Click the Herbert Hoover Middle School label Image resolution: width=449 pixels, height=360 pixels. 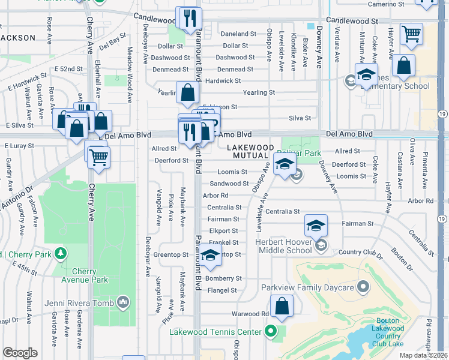point(284,246)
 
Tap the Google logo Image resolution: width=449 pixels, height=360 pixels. point(20,353)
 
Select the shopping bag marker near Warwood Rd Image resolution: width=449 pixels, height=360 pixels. point(282,307)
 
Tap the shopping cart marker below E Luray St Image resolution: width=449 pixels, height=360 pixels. point(98,157)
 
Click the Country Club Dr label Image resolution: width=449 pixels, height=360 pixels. point(360,253)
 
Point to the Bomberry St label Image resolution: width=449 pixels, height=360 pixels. point(223,279)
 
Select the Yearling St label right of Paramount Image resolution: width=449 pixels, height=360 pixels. point(259,93)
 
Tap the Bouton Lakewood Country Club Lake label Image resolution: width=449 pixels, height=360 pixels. point(388,328)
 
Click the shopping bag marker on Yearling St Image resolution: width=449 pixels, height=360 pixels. point(187,93)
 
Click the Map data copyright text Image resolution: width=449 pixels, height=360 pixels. point(424,355)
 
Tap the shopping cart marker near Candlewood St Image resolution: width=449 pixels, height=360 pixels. point(411,34)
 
